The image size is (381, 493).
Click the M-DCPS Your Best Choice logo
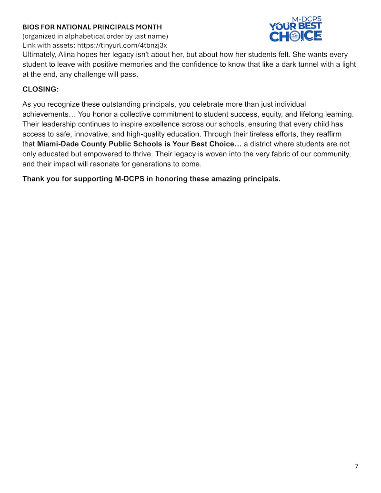[x=295, y=30]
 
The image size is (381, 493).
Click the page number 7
[x=356, y=466]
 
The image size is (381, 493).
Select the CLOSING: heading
[x=40, y=89]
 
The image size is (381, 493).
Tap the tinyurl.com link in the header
[x=122, y=45]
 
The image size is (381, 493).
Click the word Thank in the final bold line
[x=33, y=179]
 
